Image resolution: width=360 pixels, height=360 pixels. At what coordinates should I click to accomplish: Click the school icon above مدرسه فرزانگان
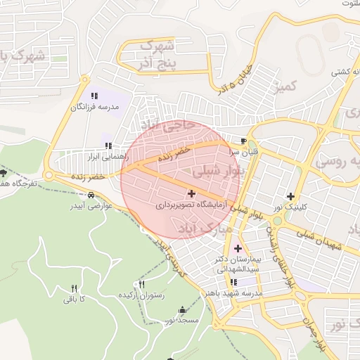click(94, 96)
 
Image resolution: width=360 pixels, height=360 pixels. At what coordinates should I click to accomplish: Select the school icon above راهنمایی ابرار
click(108, 146)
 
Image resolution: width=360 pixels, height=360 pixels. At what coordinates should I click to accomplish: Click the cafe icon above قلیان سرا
click(243, 141)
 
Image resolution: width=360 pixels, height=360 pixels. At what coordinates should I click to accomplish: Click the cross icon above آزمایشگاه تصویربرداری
click(192, 193)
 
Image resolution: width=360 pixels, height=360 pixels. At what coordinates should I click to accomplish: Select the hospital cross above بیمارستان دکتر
click(238, 247)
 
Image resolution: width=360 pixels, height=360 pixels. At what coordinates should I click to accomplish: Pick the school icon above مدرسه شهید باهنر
click(233, 282)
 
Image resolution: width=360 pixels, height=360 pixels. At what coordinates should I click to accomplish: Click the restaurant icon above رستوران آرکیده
click(143, 285)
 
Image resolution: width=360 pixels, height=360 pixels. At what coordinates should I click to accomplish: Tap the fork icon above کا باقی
click(74, 288)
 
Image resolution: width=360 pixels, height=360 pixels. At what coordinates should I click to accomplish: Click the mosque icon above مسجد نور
click(183, 309)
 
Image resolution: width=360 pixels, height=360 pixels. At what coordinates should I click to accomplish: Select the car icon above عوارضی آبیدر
click(92, 195)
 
